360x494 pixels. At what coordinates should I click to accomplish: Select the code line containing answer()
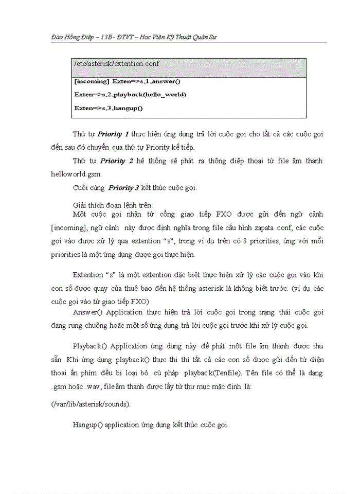[x=128, y=81]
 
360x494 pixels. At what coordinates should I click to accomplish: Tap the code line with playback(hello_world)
[x=130, y=95]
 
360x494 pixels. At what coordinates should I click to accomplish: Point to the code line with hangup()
[x=109, y=108]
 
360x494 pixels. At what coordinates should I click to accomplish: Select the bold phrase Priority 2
[x=117, y=161]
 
